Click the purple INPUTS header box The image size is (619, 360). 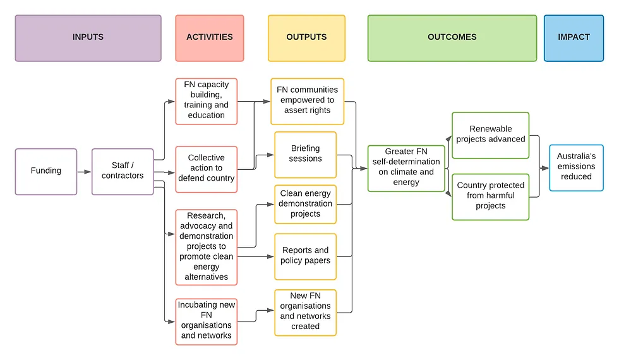(x=88, y=39)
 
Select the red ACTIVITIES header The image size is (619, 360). (x=210, y=39)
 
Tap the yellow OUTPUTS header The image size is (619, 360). (x=307, y=39)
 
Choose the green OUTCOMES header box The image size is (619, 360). (x=452, y=39)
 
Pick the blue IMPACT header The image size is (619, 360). (x=574, y=39)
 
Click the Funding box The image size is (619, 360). (x=45, y=172)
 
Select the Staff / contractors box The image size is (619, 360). (x=123, y=172)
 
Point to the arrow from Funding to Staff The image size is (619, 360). (x=84, y=172)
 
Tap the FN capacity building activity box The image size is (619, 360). (x=207, y=102)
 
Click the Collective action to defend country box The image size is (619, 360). (x=207, y=169)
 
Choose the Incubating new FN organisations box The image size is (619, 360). (x=207, y=321)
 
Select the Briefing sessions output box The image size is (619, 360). (x=306, y=155)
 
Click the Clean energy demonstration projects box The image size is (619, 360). (x=306, y=205)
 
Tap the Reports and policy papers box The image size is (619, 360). (x=306, y=256)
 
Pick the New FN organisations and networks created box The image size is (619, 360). (x=306, y=313)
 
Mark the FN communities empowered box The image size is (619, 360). (x=308, y=102)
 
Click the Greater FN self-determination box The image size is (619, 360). (x=406, y=169)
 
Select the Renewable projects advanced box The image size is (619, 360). (x=491, y=135)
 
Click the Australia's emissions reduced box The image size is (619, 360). (x=576, y=168)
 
